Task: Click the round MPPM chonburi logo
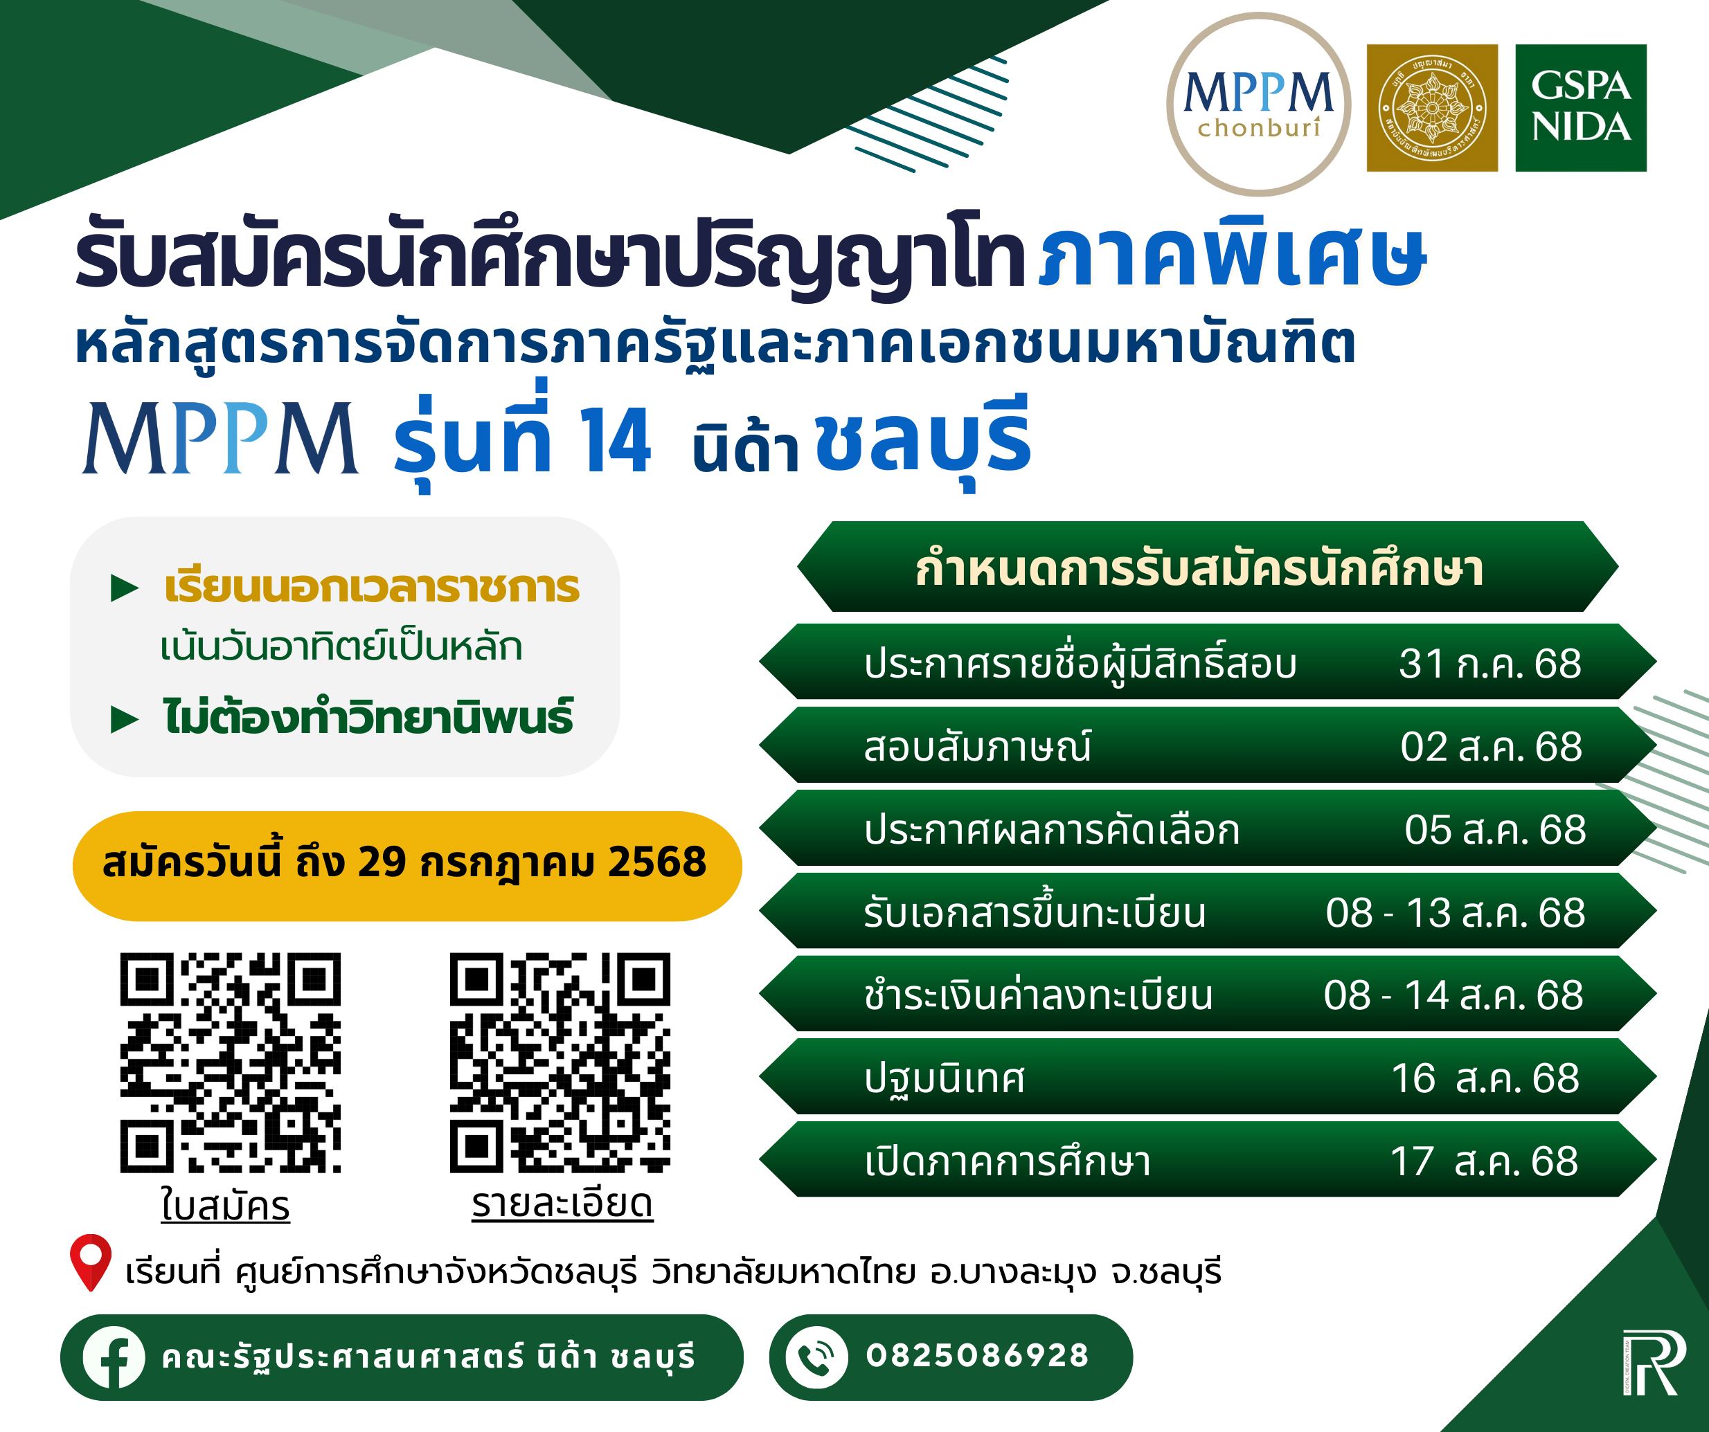tap(1258, 104)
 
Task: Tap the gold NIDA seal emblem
tap(1432, 107)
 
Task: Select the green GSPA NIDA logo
tap(1580, 107)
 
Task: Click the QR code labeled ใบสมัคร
tap(231, 1062)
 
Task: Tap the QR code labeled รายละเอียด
tap(560, 1062)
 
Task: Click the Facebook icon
tap(114, 1357)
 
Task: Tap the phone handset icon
tap(816, 1357)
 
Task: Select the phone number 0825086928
tap(977, 1355)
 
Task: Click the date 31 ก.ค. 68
tap(1490, 664)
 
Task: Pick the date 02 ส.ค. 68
tap(1491, 747)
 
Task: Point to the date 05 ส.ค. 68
tap(1495, 830)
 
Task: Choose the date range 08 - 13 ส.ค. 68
tap(1455, 913)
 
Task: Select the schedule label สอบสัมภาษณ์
tap(977, 746)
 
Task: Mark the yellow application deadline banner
tap(407, 866)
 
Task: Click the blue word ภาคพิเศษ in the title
tap(1232, 254)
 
